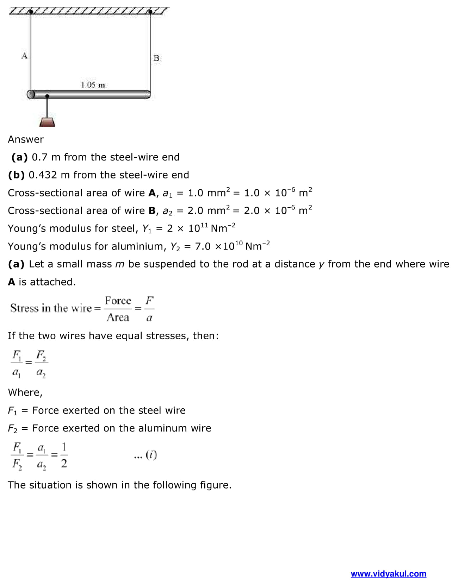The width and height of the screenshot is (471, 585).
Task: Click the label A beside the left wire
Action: [24, 56]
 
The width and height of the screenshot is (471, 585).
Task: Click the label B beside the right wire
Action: [156, 58]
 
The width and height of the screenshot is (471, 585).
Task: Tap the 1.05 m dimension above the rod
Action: [93, 85]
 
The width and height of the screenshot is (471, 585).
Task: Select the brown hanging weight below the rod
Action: [47, 122]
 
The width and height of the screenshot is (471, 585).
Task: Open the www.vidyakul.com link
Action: [388, 574]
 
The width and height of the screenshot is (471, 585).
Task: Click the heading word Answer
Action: [26, 139]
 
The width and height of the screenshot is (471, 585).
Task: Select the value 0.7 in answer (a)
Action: [39, 157]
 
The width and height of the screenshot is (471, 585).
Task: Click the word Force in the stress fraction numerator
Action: [118, 301]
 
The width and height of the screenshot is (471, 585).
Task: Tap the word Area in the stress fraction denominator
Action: [118, 317]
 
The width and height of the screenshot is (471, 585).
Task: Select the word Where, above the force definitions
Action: [25, 392]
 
